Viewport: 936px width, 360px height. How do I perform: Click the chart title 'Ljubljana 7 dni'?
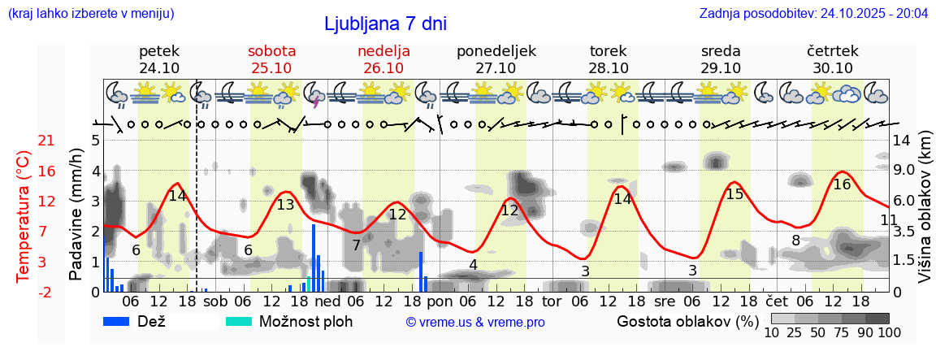[x=385, y=24]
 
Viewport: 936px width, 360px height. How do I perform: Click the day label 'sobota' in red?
[x=271, y=51]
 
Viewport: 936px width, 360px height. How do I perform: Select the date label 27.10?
[x=496, y=68]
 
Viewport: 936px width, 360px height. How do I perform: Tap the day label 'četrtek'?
[x=832, y=51]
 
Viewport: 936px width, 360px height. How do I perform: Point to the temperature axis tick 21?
[x=46, y=141]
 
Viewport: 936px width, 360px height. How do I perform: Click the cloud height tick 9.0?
[x=905, y=171]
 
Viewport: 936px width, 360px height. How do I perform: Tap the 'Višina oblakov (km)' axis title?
[x=925, y=219]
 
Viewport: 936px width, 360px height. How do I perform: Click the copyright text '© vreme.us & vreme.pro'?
[x=475, y=322]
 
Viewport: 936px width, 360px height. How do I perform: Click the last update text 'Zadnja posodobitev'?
[x=813, y=14]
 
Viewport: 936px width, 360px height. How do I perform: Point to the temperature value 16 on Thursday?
[x=842, y=184]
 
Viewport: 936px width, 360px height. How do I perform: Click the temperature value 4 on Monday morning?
[x=473, y=265]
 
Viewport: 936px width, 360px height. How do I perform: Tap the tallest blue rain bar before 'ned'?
[x=314, y=257]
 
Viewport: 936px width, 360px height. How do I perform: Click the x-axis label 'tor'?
[x=552, y=301]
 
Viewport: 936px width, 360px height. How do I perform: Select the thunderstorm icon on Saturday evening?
[x=314, y=98]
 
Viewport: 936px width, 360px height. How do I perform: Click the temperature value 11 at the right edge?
[x=889, y=220]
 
